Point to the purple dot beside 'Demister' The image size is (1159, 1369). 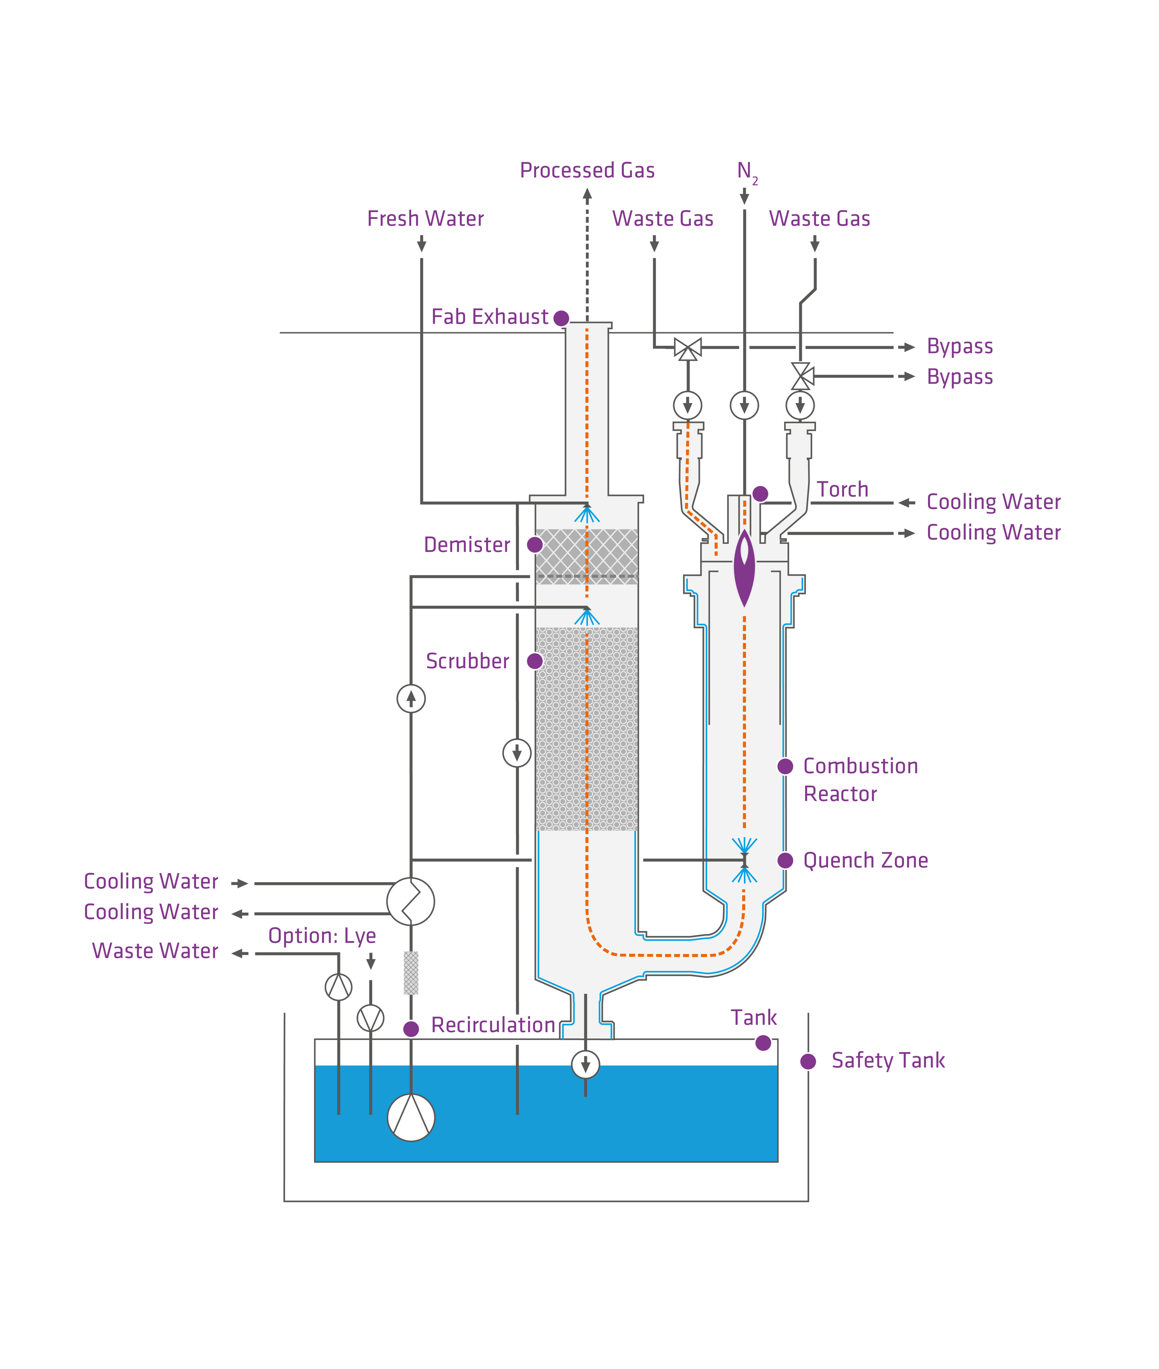(x=535, y=544)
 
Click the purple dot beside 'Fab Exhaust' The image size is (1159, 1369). (x=561, y=318)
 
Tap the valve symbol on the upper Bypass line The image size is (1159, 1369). (x=688, y=348)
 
